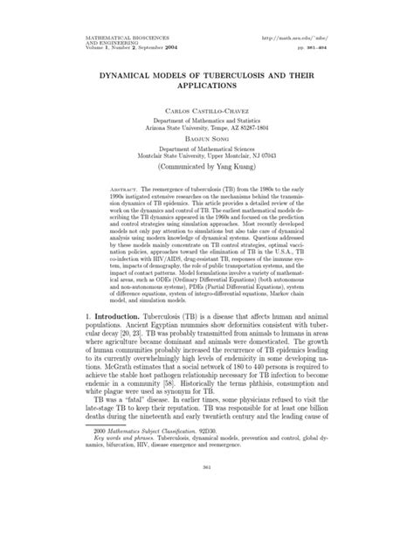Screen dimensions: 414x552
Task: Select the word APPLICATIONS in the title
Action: coord(206,88)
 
